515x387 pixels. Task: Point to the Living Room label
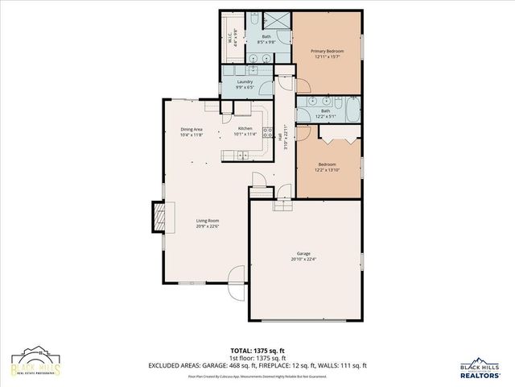tap(208, 220)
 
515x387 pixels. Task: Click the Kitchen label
tap(245, 129)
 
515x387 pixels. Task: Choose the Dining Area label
tap(191, 129)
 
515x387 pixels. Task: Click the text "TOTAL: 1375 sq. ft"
tap(257, 350)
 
